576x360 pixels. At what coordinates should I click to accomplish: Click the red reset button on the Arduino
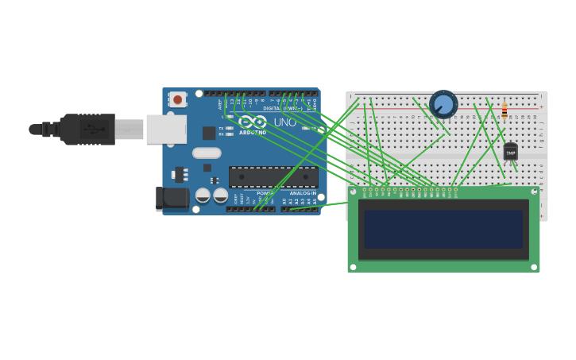(177, 99)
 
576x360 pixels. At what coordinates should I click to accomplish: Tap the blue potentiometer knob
(443, 104)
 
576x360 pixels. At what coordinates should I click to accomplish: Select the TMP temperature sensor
(510, 152)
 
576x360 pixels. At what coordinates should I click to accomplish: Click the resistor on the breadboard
(504, 110)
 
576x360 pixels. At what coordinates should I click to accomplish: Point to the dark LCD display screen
(443, 229)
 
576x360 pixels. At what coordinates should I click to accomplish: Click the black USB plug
(87, 129)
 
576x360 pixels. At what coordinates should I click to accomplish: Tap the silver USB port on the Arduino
(166, 129)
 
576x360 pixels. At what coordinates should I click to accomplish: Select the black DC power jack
(172, 199)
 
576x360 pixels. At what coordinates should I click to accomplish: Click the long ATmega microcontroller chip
(273, 177)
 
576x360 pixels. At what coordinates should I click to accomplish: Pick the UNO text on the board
(284, 122)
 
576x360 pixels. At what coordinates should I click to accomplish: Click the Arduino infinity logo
(253, 122)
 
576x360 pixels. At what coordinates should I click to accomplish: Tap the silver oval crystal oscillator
(207, 153)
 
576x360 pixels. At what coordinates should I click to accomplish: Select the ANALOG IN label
(302, 193)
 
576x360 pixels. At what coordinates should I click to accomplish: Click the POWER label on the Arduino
(265, 193)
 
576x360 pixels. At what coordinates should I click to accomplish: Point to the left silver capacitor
(203, 195)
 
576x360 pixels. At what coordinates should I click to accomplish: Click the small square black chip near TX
(209, 133)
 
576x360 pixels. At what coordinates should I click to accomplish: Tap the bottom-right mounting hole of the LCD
(535, 267)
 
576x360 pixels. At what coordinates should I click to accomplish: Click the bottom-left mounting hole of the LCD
(353, 267)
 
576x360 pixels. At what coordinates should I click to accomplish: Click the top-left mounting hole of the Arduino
(199, 94)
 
